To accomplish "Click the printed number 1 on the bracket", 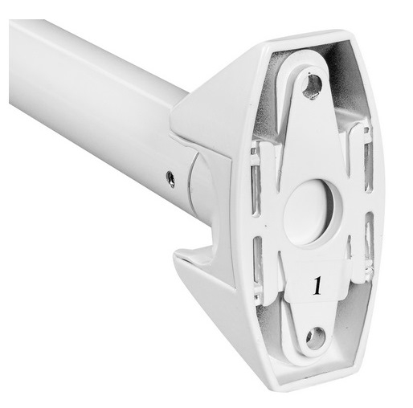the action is [x=317, y=286].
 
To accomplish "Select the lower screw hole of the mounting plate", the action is [x=314, y=338].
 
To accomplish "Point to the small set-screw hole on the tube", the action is [x=170, y=179].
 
